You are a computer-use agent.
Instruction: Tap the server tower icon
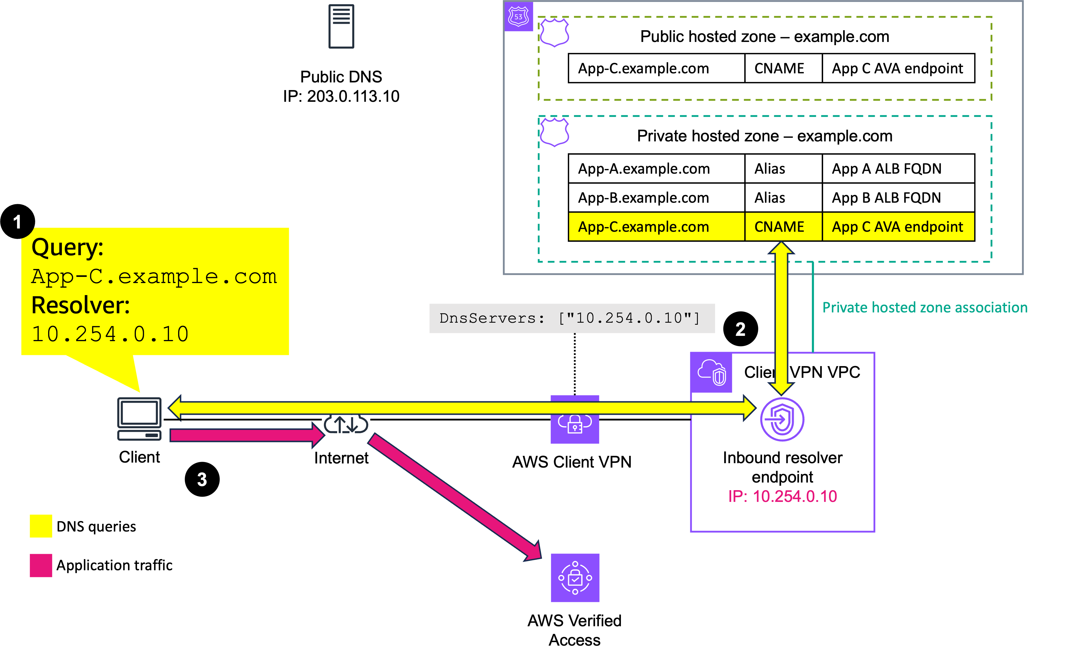[341, 26]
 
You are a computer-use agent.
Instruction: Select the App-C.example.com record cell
[656, 227]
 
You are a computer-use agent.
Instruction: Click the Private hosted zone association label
[925, 307]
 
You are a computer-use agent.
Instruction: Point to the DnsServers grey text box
[571, 318]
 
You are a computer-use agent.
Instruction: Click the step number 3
[202, 479]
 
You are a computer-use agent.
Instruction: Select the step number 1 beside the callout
[17, 222]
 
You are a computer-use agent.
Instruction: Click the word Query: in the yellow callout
[67, 247]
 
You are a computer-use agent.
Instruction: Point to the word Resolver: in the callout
[80, 305]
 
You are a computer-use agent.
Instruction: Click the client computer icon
[139, 419]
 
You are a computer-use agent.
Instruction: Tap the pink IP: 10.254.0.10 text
[782, 496]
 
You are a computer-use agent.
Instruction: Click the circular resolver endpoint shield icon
[782, 419]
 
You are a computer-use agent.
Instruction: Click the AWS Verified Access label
[575, 630]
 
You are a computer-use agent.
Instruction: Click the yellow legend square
[41, 526]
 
